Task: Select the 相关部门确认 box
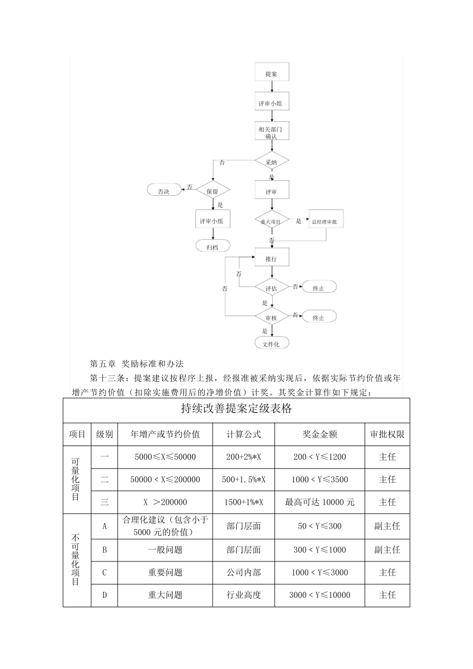pyautogui.click(x=271, y=132)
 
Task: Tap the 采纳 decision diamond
pyautogui.click(x=271, y=162)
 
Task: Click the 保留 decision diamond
pyautogui.click(x=213, y=191)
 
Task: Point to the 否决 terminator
pyautogui.click(x=164, y=191)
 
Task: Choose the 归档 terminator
pyautogui.click(x=213, y=247)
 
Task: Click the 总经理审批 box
pyautogui.click(x=325, y=222)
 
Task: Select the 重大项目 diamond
pyautogui.click(x=271, y=222)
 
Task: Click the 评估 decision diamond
pyautogui.click(x=271, y=289)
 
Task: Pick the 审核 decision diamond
pyautogui.click(x=271, y=318)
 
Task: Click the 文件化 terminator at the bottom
pyautogui.click(x=271, y=344)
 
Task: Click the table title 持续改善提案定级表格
pyautogui.click(x=236, y=410)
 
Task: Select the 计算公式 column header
pyautogui.click(x=243, y=435)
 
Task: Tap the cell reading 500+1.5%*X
pyautogui.click(x=243, y=480)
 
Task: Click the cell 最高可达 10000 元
pyautogui.click(x=320, y=502)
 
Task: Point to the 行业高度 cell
pyautogui.click(x=243, y=595)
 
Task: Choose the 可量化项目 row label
pyautogui.click(x=76, y=479)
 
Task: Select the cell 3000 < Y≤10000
pyautogui.click(x=320, y=595)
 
